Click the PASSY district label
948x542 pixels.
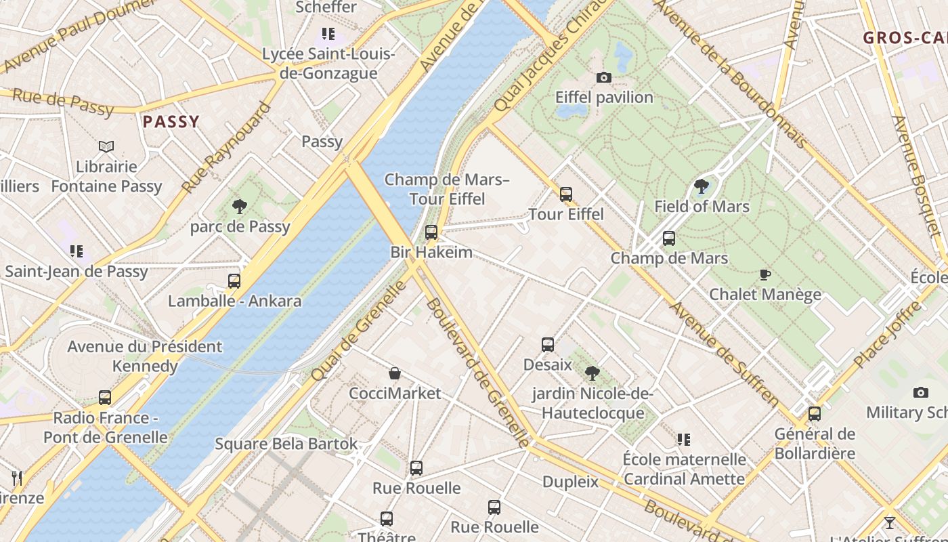pyautogui.click(x=171, y=122)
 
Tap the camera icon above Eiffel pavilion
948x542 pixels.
pyautogui.click(x=603, y=78)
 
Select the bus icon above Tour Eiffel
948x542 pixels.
pyautogui.click(x=566, y=194)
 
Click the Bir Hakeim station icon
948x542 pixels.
pyautogui.click(x=431, y=232)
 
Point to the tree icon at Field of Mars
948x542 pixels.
pyautogui.click(x=702, y=186)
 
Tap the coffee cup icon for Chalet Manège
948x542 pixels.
pyautogui.click(x=764, y=274)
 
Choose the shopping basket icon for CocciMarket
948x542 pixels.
pyautogui.click(x=395, y=373)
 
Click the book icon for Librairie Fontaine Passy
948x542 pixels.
pyautogui.click(x=106, y=146)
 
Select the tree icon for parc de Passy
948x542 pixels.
pyautogui.click(x=239, y=206)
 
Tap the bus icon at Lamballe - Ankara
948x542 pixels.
pyautogui.click(x=234, y=280)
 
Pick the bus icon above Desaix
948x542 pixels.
pyautogui.click(x=548, y=344)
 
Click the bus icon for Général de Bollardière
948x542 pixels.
pyautogui.click(x=815, y=413)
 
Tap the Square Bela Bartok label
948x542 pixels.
pyautogui.click(x=286, y=444)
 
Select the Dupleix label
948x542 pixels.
pyautogui.click(x=570, y=482)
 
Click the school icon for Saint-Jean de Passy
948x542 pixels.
pyautogui.click(x=77, y=251)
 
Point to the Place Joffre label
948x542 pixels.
pyautogui.click(x=887, y=335)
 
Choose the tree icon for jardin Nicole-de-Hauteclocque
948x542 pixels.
pyautogui.click(x=592, y=373)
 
